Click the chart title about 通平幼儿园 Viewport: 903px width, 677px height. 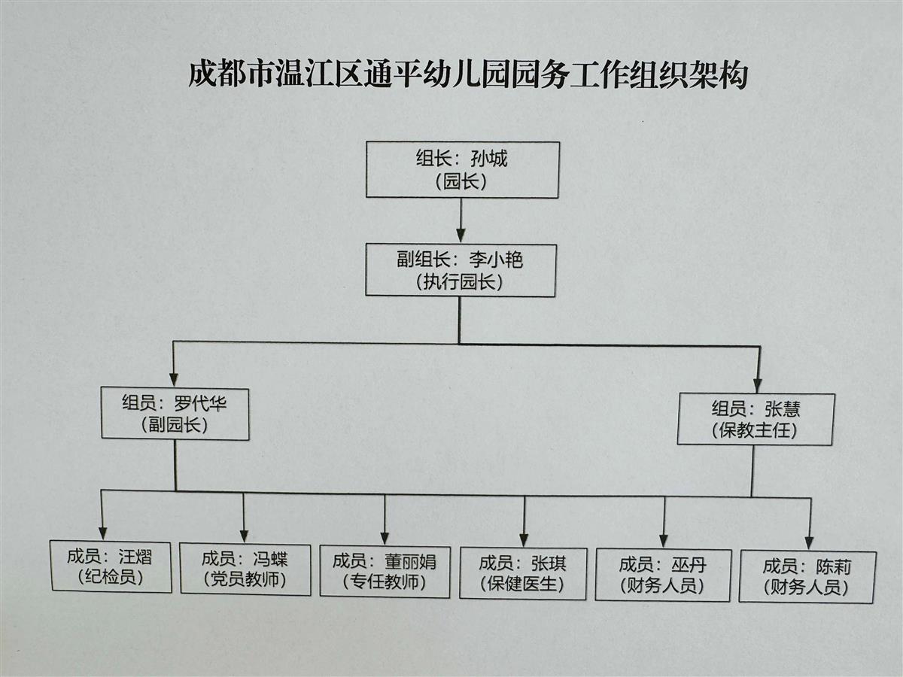tap(467, 77)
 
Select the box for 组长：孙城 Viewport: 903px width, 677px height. tap(462, 170)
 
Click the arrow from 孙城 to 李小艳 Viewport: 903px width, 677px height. tap(461, 221)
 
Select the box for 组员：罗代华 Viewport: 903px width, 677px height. tap(175, 414)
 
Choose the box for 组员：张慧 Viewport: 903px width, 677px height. tap(756, 419)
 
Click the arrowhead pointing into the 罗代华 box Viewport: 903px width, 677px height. tap(174, 378)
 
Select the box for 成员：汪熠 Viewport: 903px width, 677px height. tap(111, 566)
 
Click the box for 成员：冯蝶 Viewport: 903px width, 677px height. tap(245, 569)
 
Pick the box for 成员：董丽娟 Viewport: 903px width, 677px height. tap(385, 571)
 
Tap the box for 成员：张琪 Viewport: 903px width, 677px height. tap(523, 573)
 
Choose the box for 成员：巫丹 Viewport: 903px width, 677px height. tap(663, 575)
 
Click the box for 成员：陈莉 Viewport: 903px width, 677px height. tap(807, 577)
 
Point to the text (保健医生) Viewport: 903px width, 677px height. tap(521, 584)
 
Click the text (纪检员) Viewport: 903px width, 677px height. tap(110, 577)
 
